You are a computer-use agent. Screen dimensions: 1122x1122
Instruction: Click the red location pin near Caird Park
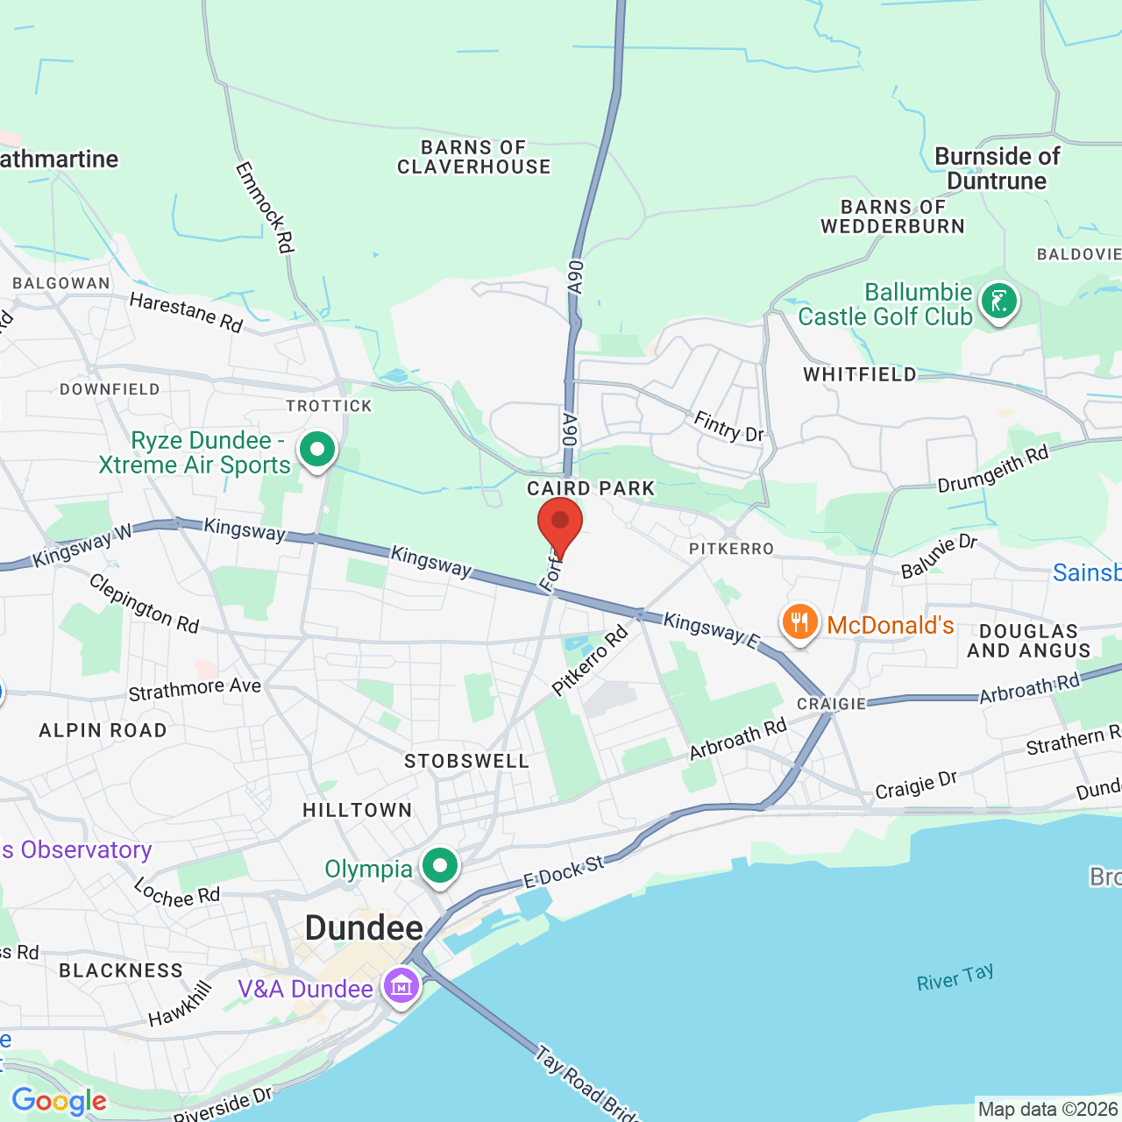pos(559,523)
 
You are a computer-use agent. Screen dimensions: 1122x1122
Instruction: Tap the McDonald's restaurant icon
pos(799,623)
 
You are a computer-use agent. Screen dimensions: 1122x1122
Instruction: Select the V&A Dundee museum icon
pos(401,987)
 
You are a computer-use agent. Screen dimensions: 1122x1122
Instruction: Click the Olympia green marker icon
pos(439,866)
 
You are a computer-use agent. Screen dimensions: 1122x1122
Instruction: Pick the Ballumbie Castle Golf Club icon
pos(998,302)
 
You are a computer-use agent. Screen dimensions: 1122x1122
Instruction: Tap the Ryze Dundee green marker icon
pos(317,451)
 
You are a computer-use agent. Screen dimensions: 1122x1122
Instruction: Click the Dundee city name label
pos(364,928)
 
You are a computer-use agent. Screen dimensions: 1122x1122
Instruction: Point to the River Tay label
pos(955,977)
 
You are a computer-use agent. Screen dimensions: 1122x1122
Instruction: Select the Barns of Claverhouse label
pos(474,158)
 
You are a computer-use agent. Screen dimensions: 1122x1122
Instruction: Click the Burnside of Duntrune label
pos(998,169)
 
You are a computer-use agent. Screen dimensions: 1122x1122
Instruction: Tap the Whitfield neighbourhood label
pos(859,375)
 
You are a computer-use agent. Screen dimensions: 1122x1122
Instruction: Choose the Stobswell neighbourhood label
pos(466,762)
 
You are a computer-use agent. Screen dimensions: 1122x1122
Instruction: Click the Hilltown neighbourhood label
pos(357,811)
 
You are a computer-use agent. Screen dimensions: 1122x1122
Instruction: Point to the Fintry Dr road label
pos(728,427)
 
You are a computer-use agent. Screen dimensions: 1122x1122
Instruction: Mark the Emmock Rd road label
pos(264,208)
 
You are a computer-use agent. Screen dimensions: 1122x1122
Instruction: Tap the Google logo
pos(59,1101)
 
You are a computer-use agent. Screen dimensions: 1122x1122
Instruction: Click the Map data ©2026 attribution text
pos(1047,1110)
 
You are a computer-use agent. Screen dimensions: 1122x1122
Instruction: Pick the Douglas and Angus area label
pos(1028,641)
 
